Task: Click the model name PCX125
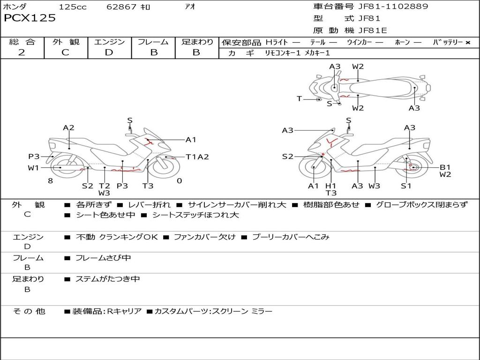[30, 18]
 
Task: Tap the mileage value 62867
[121, 7]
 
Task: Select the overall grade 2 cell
[22, 52]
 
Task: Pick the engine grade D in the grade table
[109, 52]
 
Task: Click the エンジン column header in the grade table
[109, 42]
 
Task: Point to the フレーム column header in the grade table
[153, 42]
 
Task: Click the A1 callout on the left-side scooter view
[191, 140]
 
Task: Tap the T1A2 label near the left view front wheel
[197, 157]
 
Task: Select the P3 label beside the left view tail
[34, 157]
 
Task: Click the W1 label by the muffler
[33, 168]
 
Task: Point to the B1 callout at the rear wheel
[445, 167]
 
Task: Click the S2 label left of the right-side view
[287, 157]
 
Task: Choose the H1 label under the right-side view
[331, 186]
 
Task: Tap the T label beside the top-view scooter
[299, 98]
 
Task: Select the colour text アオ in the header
[189, 7]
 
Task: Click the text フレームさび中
[103, 258]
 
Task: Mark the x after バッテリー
[468, 43]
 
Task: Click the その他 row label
[29, 311]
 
